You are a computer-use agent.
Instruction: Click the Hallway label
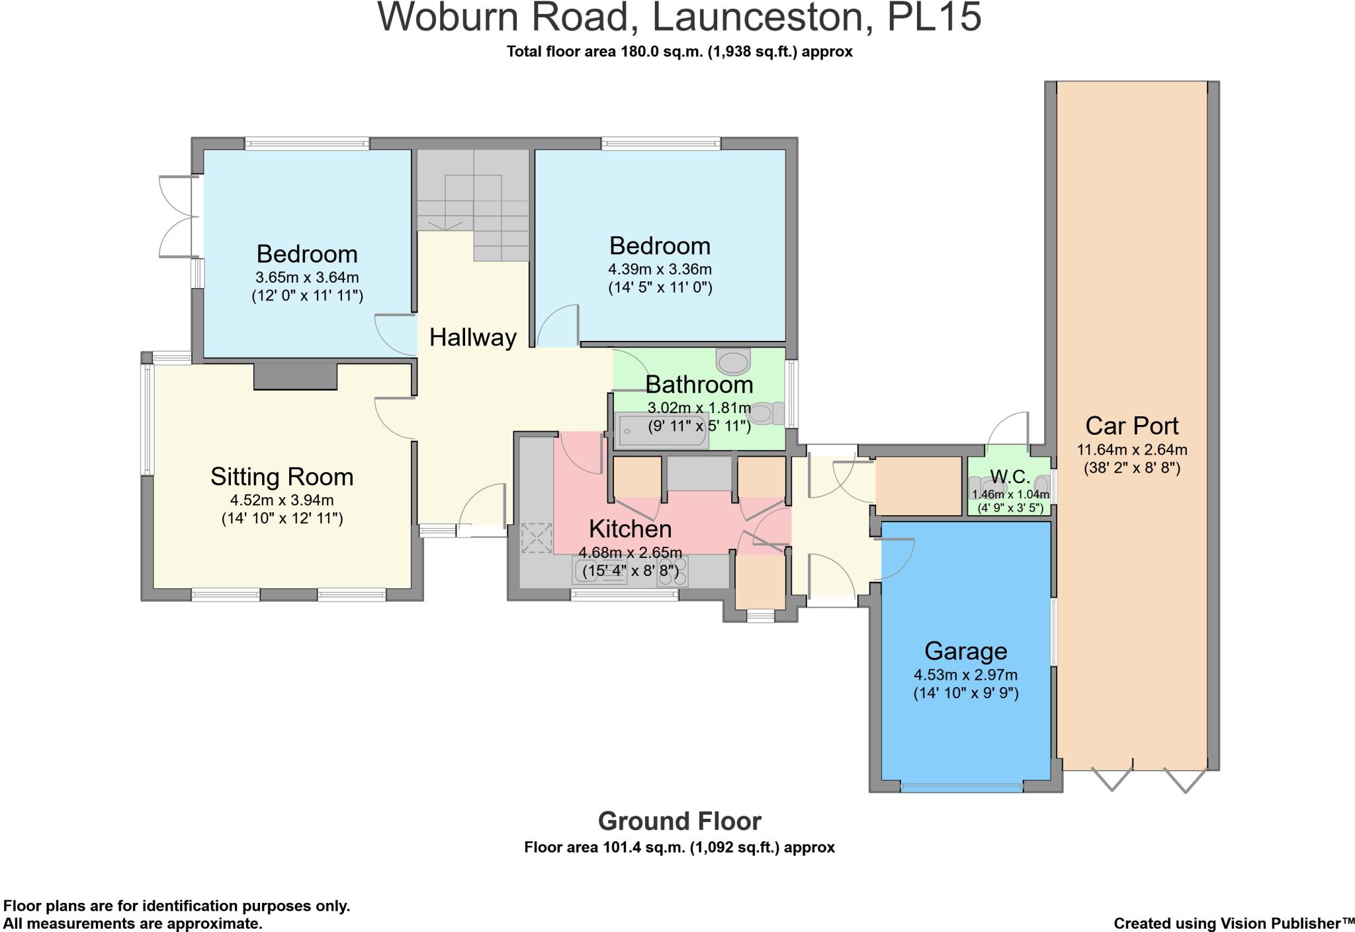click(472, 338)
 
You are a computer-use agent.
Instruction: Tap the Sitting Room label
click(282, 477)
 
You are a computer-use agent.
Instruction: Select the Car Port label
click(1131, 426)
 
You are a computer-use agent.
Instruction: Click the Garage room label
click(965, 651)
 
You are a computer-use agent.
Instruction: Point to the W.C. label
click(1010, 477)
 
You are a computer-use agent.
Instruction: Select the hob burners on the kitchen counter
click(672, 571)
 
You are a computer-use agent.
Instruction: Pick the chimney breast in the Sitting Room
click(296, 375)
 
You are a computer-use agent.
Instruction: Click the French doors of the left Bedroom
click(177, 216)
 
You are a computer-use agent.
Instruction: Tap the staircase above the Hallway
click(472, 199)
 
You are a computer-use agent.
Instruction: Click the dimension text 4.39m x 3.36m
click(660, 269)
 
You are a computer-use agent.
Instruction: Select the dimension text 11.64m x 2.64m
click(1131, 450)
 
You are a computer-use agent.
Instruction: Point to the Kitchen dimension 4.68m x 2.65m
click(630, 553)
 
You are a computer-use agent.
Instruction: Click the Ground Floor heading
click(679, 821)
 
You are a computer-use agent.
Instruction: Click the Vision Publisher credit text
click(1233, 923)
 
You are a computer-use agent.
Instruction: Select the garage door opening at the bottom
click(961, 788)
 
